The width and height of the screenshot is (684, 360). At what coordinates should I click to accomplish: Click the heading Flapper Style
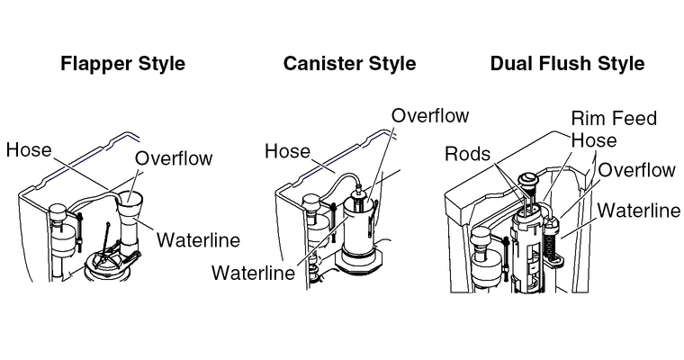click(122, 64)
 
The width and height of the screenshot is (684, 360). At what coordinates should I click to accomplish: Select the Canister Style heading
click(349, 64)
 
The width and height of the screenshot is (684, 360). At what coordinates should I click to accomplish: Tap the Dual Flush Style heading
click(567, 64)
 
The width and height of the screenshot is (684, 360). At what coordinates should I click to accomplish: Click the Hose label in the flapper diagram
click(28, 149)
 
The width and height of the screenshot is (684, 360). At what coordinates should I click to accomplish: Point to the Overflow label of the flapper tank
click(174, 159)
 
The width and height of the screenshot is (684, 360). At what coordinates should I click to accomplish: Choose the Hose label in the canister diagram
click(287, 151)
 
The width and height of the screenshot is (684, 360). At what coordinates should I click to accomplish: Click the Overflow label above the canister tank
click(430, 116)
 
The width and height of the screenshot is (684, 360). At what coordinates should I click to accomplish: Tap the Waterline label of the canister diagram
click(253, 273)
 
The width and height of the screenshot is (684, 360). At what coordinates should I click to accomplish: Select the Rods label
click(469, 154)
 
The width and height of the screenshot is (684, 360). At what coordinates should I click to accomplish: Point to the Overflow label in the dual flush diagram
click(637, 170)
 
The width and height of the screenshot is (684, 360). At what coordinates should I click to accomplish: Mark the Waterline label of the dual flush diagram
click(639, 211)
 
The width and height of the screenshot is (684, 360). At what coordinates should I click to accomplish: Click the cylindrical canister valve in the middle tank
click(359, 229)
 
